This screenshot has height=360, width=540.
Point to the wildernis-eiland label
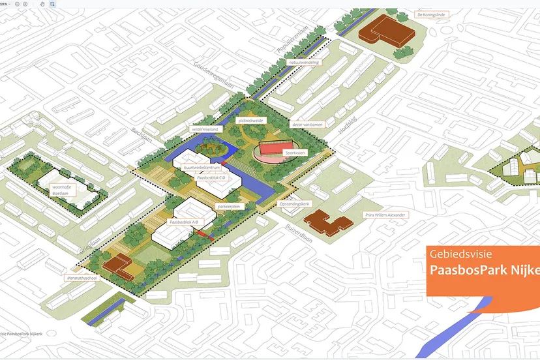click(203, 130)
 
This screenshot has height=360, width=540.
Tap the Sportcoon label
click(294, 153)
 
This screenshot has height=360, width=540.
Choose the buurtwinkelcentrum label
click(201, 168)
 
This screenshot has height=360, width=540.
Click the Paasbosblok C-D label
click(211, 177)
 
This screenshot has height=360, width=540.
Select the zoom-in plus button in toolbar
click(25, 3)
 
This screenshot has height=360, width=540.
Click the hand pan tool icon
click(42, 3)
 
